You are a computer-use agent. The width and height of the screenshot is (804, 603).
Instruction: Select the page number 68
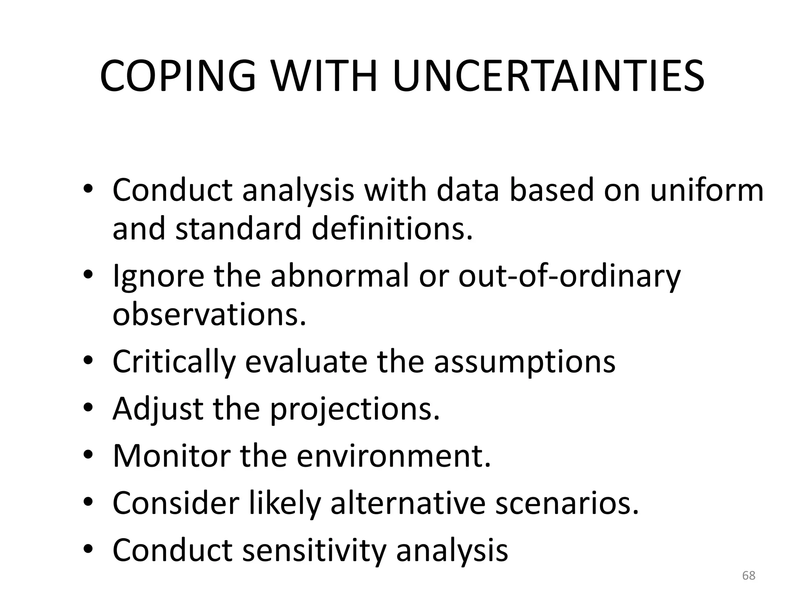point(749,576)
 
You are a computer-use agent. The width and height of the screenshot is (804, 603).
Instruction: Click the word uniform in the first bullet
point(707,190)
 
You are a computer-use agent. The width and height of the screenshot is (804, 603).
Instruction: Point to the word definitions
point(392,229)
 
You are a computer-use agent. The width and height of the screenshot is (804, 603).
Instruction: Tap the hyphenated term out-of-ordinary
point(569,277)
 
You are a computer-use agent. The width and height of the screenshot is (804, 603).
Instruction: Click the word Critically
point(174,362)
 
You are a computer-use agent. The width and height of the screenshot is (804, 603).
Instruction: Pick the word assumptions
point(524,362)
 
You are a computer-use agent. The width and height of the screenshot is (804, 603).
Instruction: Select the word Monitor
point(172,456)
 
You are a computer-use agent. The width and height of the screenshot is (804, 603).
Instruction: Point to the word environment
point(393,456)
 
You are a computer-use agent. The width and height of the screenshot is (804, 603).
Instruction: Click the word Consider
point(176,503)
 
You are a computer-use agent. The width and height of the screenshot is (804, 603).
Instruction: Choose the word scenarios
point(567,503)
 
